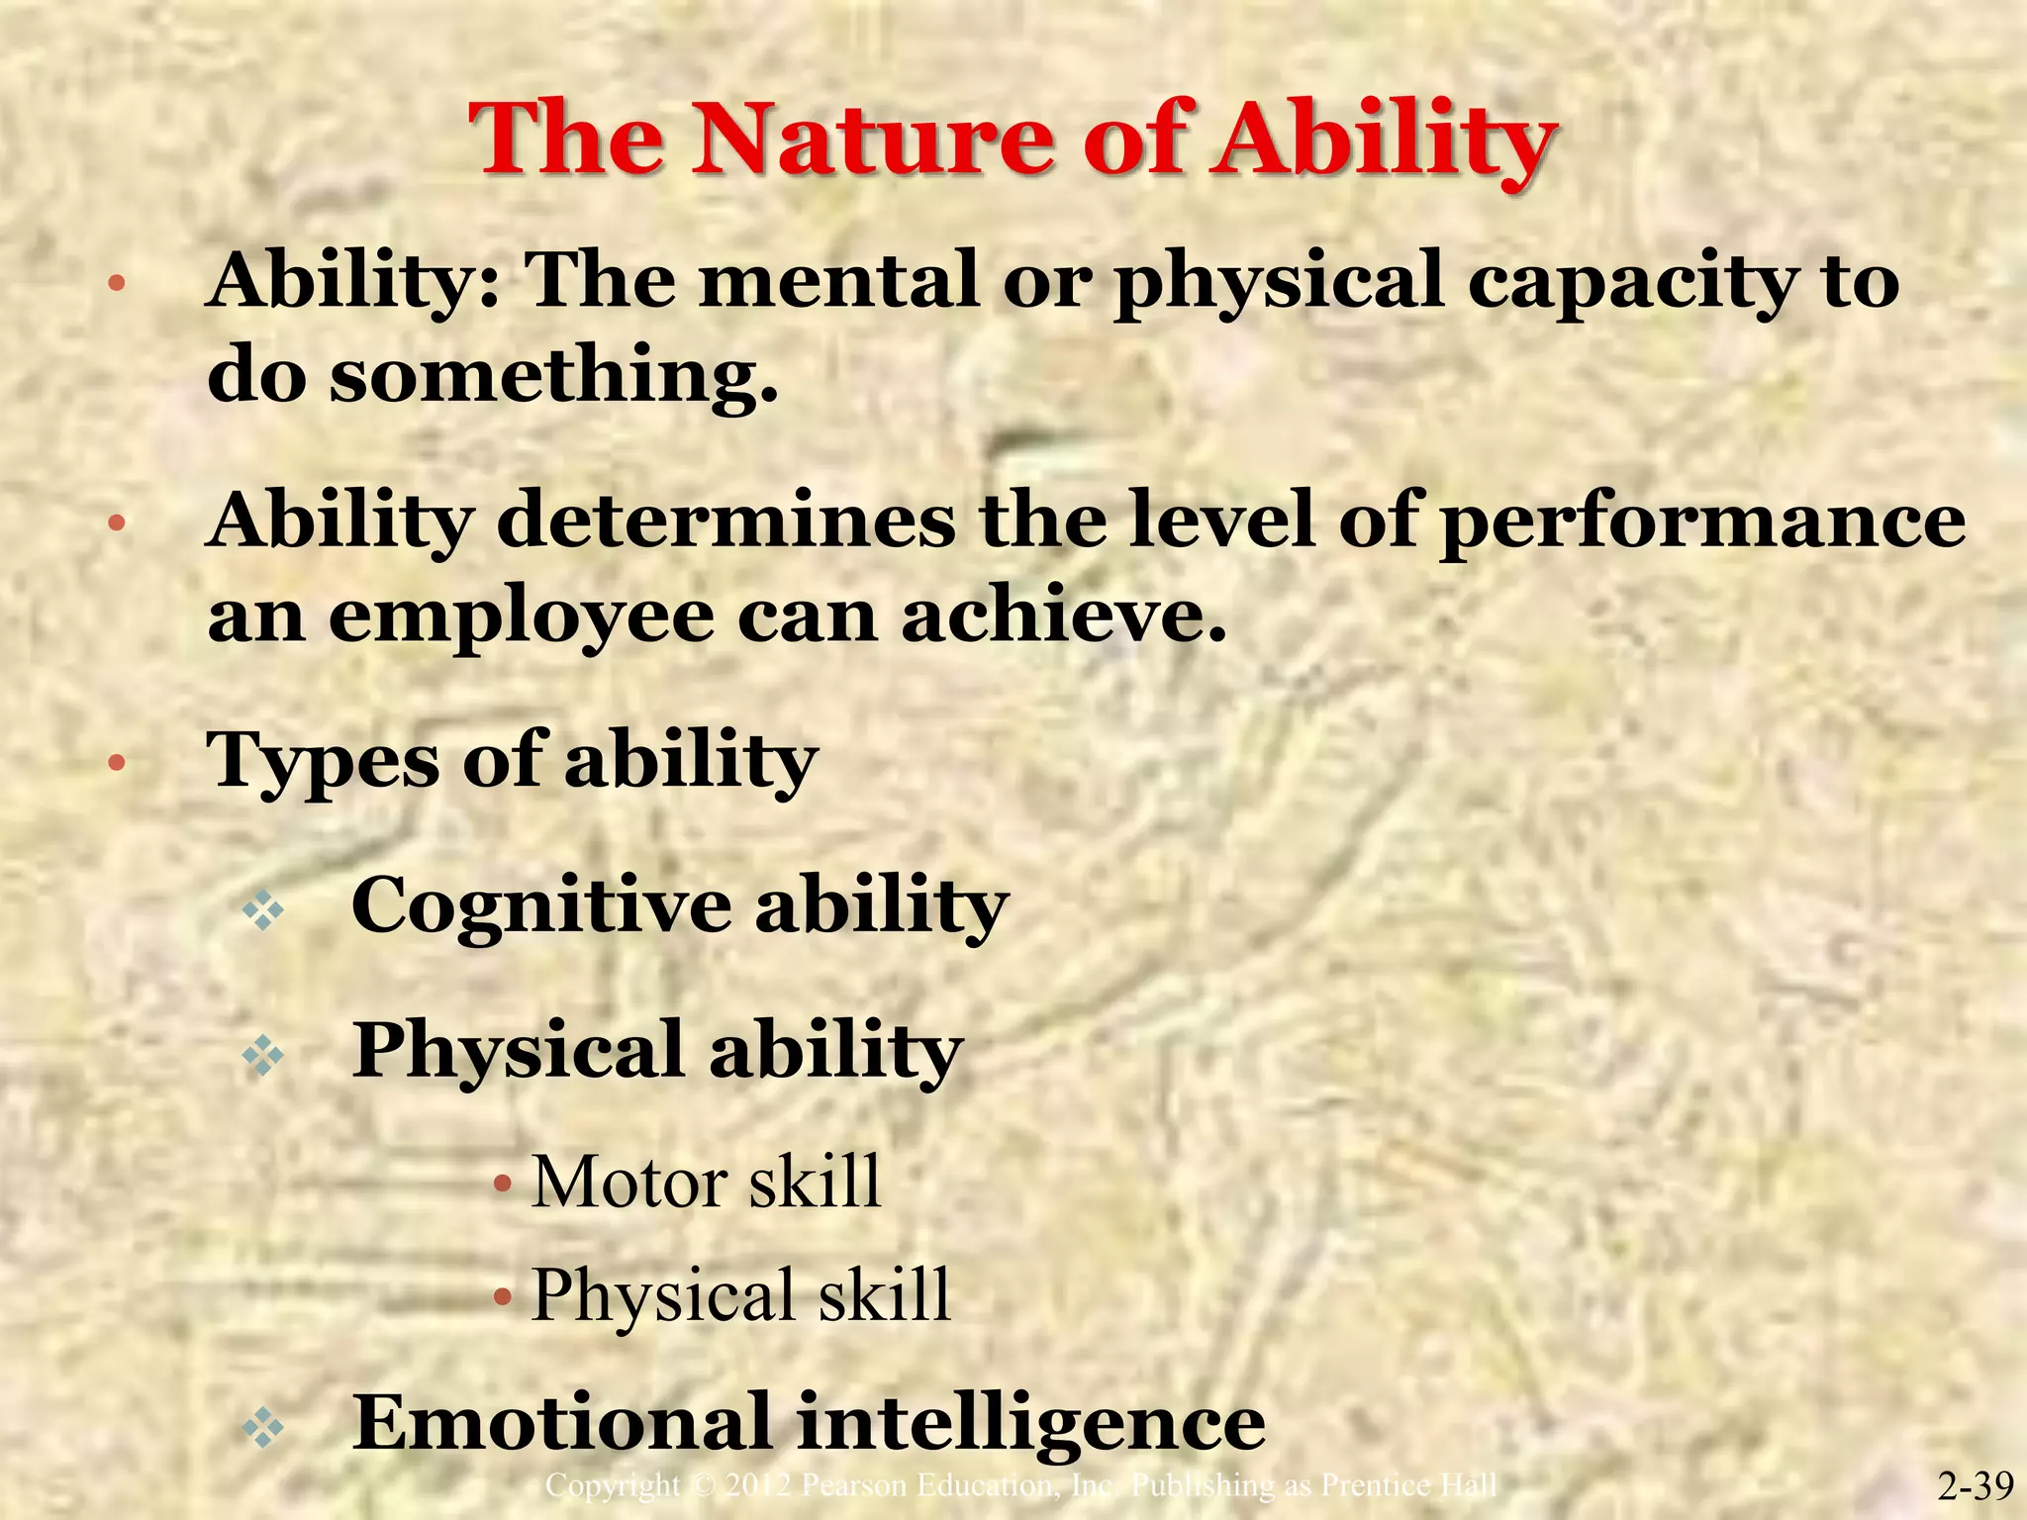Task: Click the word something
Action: [x=552, y=376]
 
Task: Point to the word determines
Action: [x=725, y=521]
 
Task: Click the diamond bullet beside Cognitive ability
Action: [x=263, y=910]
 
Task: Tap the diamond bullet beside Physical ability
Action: [x=263, y=1057]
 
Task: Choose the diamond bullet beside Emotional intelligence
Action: [x=263, y=1428]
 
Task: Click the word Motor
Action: [x=628, y=1182]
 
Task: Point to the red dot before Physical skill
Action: [x=504, y=1295]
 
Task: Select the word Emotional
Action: [x=561, y=1422]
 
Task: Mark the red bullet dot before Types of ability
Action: [x=116, y=763]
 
